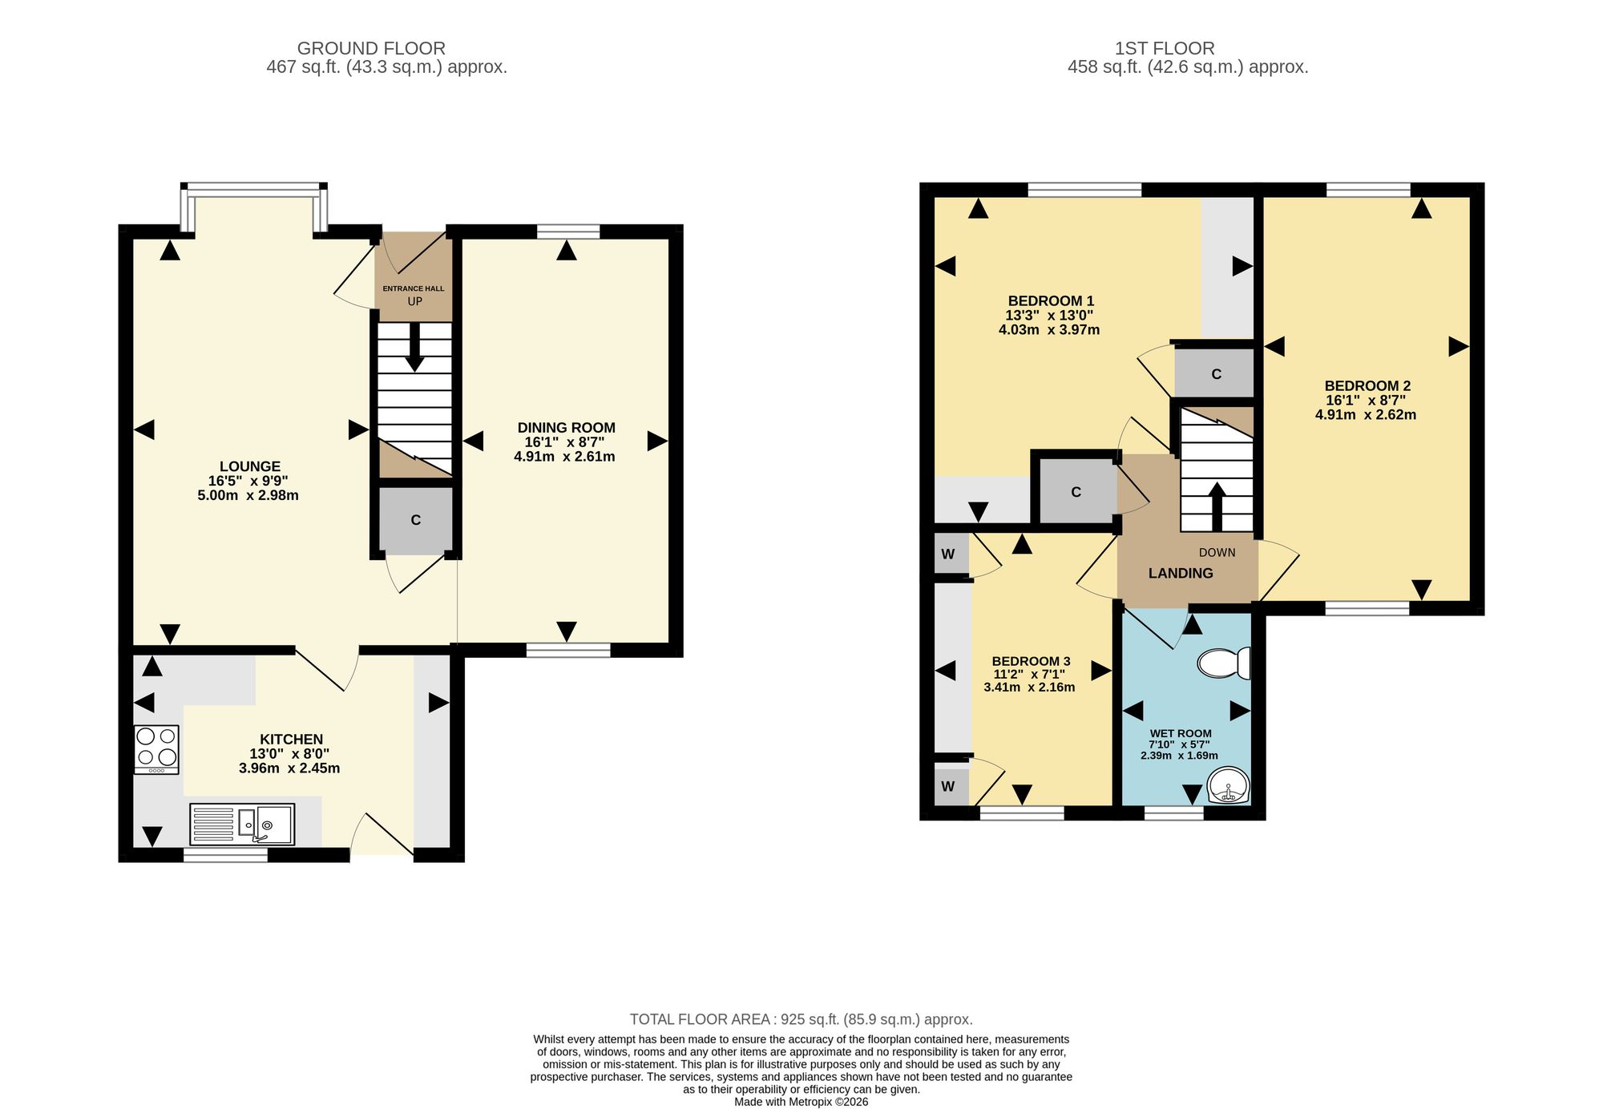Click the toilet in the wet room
click(1223, 663)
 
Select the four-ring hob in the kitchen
click(156, 749)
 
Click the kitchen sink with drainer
click(242, 825)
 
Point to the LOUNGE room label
click(250, 466)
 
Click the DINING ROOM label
click(566, 428)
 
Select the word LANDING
click(1181, 573)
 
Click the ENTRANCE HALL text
click(414, 288)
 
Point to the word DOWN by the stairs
click(1217, 553)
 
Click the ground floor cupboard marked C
click(416, 520)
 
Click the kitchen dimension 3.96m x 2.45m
click(289, 768)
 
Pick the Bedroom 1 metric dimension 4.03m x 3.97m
click(1049, 329)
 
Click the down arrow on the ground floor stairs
click(414, 346)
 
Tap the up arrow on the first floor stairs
click(1217, 506)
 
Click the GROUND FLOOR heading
click(371, 49)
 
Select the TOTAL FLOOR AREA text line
click(801, 1019)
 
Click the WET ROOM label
click(1181, 733)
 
